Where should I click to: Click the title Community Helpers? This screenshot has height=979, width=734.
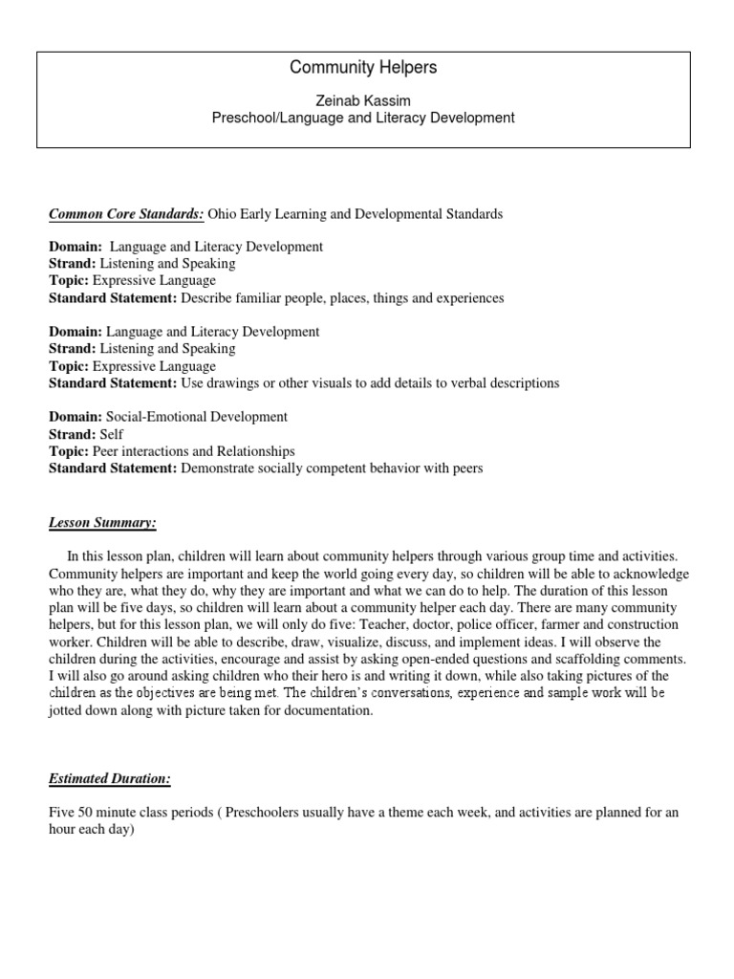coord(363,68)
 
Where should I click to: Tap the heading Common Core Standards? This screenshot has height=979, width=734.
coord(125,214)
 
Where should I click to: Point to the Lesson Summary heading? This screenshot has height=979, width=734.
coord(102,523)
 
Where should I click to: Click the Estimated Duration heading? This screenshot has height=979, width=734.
coord(110,779)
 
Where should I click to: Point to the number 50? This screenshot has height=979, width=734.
coord(88,813)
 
